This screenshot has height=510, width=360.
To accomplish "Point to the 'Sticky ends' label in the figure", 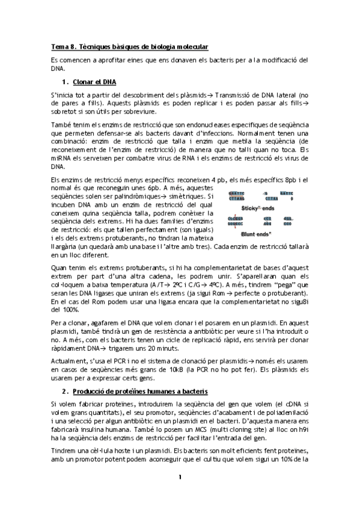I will click(257, 208).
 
